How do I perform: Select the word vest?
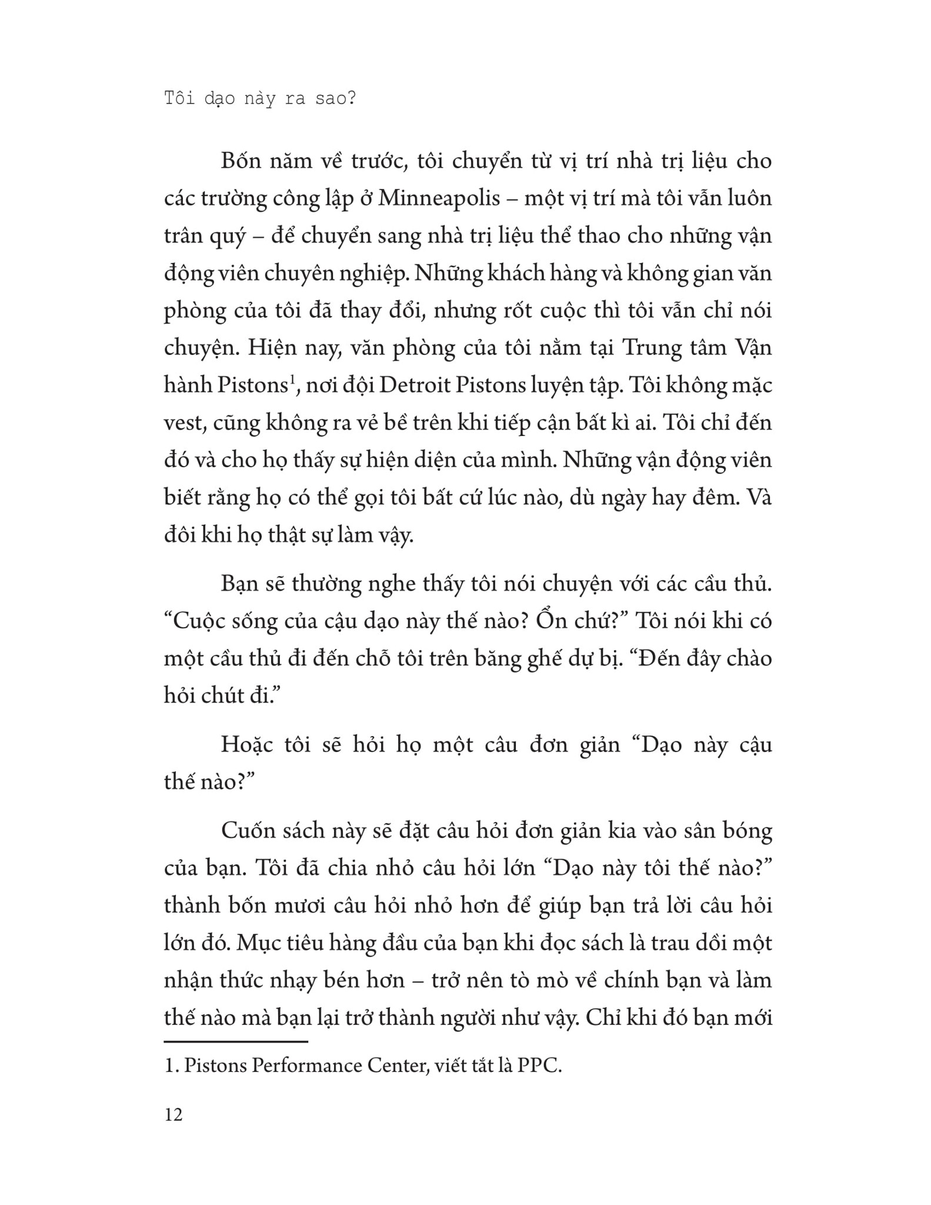[x=183, y=423]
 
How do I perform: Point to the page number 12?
[x=173, y=1114]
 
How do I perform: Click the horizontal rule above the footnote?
[x=236, y=1041]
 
